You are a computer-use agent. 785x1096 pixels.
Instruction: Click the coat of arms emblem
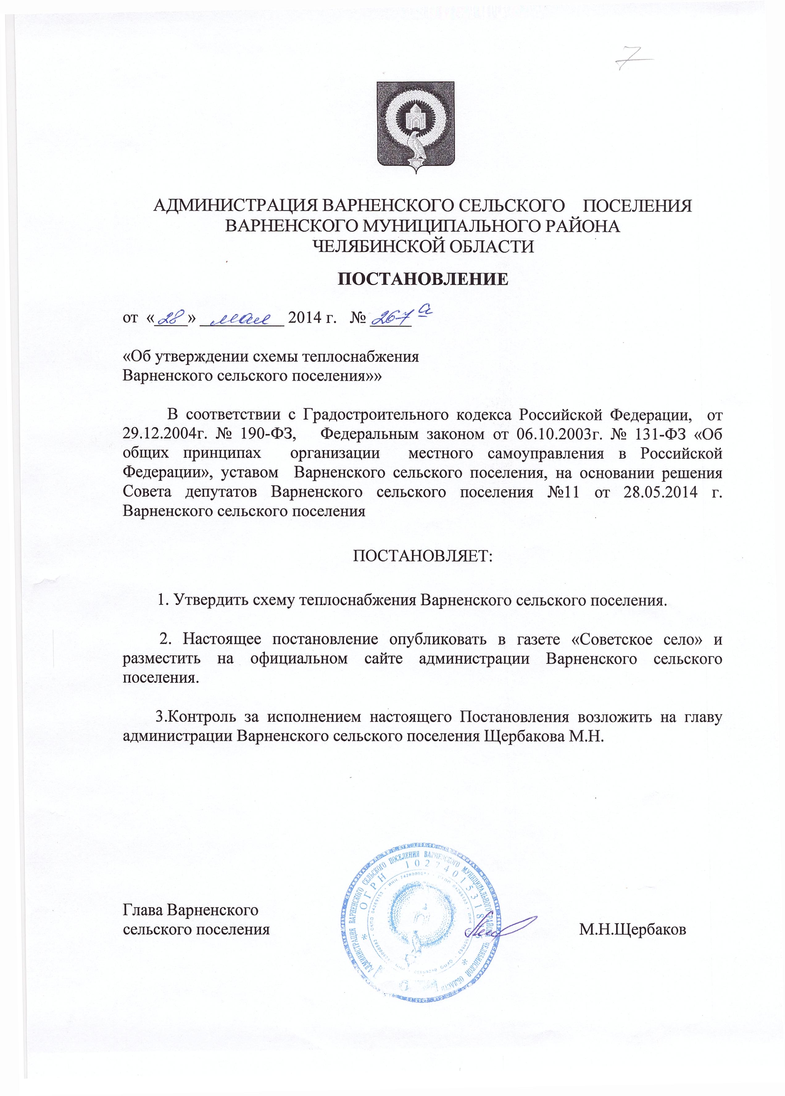[x=416, y=127]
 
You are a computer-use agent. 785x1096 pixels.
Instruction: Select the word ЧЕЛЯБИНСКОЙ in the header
[x=370, y=247]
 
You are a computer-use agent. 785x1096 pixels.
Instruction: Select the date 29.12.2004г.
[x=163, y=434]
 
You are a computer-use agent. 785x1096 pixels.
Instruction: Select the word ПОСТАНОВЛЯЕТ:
[x=422, y=556]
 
